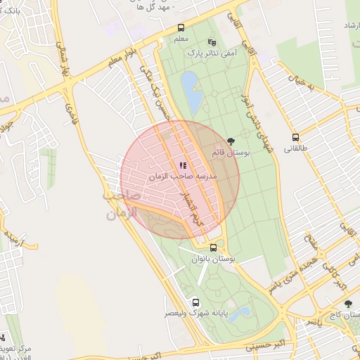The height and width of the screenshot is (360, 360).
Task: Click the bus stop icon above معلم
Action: [x=181, y=28]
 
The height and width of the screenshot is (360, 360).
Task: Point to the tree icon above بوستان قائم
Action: [x=231, y=142]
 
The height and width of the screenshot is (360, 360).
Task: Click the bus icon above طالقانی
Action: [x=295, y=138]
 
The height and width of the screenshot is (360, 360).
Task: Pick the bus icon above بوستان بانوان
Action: [x=214, y=247]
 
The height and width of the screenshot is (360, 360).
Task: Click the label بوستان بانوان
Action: [x=214, y=259]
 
